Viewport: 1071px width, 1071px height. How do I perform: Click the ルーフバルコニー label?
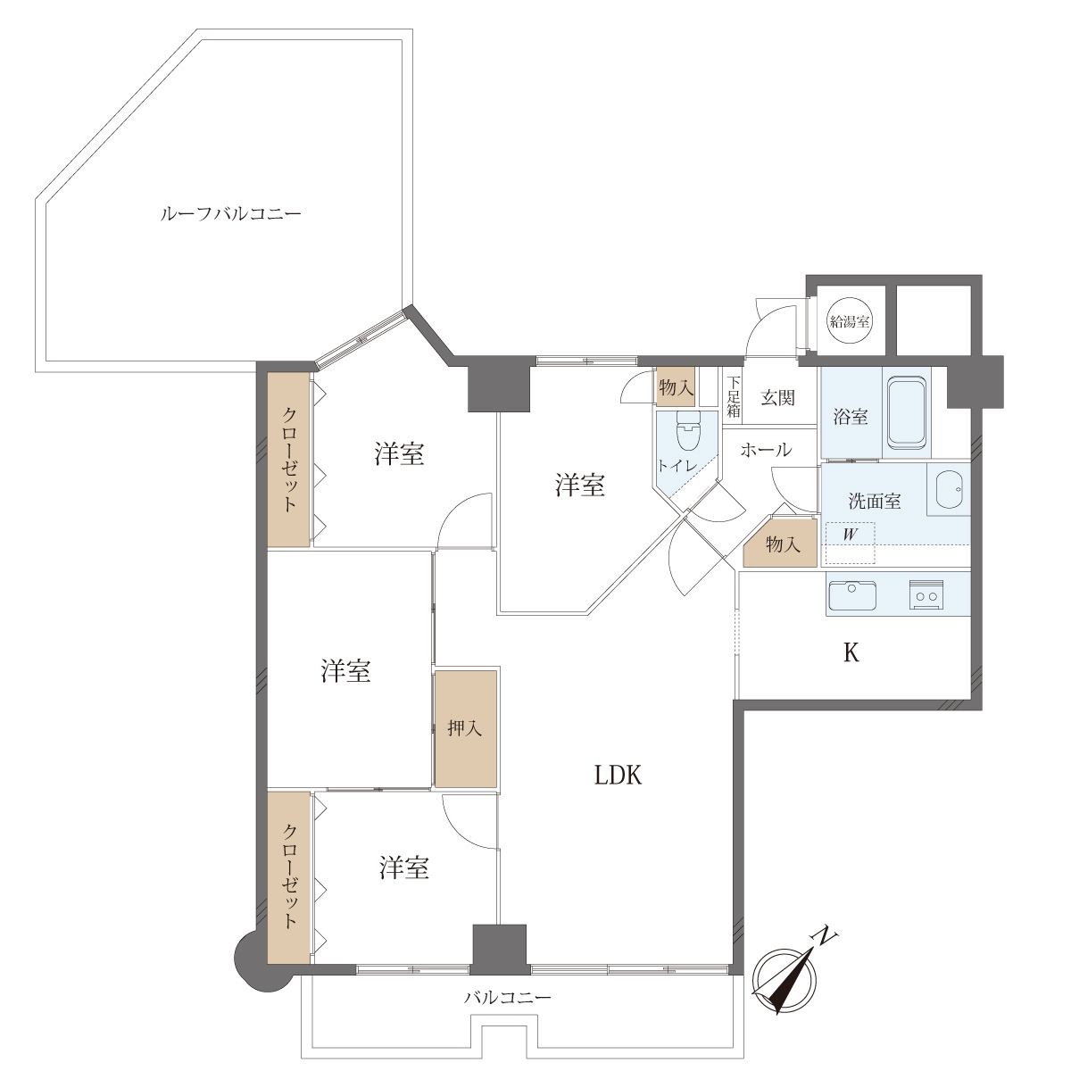click(x=230, y=214)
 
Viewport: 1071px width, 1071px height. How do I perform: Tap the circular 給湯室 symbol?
click(x=850, y=321)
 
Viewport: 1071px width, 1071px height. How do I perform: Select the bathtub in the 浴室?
click(x=907, y=413)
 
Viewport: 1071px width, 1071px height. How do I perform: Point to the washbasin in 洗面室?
click(x=950, y=489)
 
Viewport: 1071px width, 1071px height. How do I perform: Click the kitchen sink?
click(x=852, y=595)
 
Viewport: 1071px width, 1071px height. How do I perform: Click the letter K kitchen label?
click(x=851, y=653)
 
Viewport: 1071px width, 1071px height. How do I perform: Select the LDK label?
click(x=618, y=775)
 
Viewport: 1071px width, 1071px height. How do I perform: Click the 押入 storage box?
click(x=466, y=728)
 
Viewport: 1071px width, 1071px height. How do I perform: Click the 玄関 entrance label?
click(x=777, y=397)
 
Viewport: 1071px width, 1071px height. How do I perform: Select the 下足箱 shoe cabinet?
click(x=734, y=397)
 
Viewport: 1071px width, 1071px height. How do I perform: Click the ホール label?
click(x=766, y=450)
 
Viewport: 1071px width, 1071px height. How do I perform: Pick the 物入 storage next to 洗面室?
click(x=780, y=543)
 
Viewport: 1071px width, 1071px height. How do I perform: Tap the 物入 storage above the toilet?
click(x=676, y=386)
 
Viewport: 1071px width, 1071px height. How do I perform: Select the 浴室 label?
click(x=851, y=417)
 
